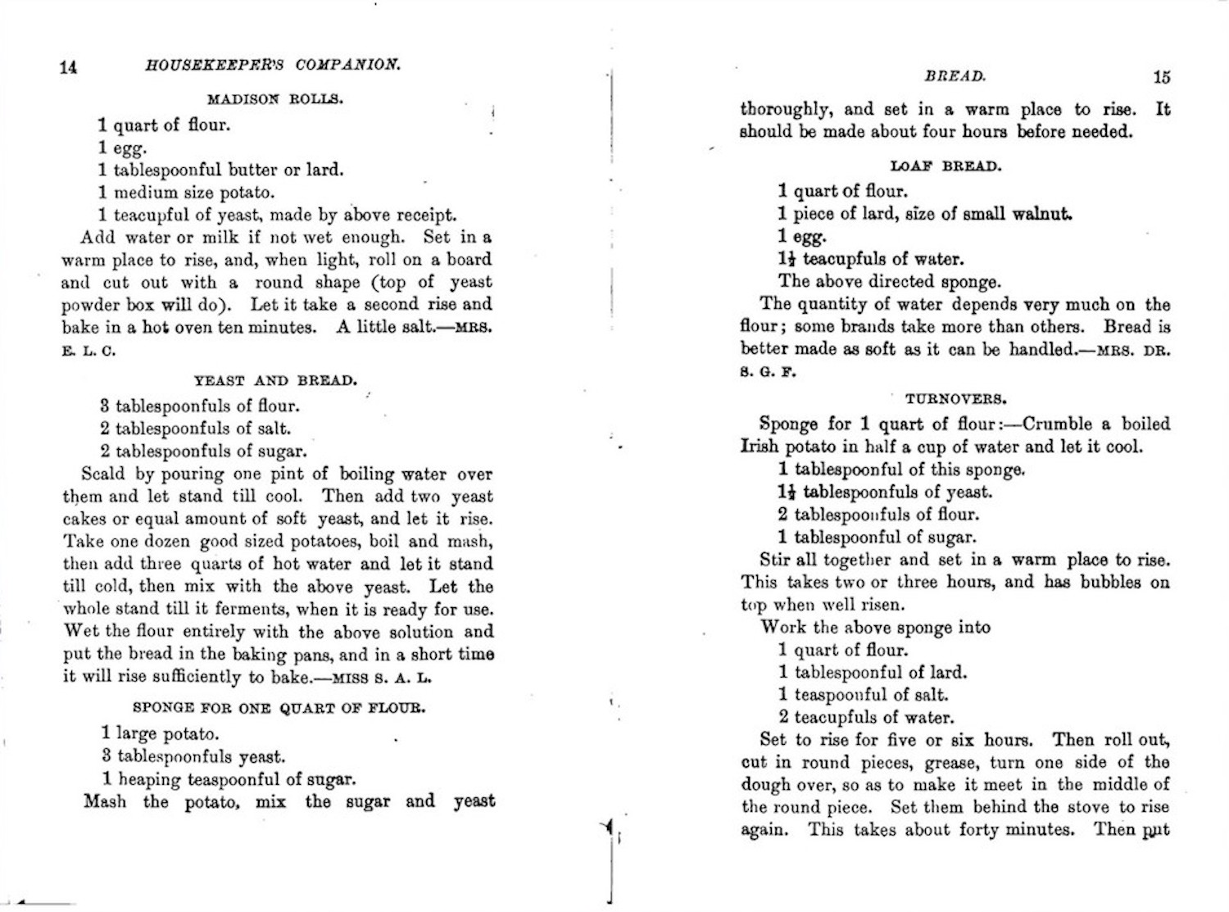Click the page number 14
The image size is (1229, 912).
click(68, 67)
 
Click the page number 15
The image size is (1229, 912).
click(1161, 77)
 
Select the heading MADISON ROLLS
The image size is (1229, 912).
click(275, 99)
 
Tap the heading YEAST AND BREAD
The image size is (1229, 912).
click(275, 380)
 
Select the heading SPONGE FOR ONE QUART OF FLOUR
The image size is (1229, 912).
click(279, 707)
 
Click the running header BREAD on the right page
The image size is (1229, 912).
click(955, 76)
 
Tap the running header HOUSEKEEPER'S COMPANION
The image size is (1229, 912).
click(273, 65)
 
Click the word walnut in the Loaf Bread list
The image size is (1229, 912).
click(1042, 214)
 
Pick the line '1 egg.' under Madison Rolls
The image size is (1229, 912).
click(122, 148)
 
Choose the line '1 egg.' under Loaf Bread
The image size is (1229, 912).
click(802, 237)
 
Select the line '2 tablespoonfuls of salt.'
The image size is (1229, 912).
click(195, 429)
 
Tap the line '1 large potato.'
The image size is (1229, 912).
click(160, 733)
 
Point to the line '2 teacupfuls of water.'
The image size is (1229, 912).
click(866, 718)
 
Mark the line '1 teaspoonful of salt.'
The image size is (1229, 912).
click(863, 695)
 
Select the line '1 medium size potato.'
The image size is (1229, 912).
click(186, 193)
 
